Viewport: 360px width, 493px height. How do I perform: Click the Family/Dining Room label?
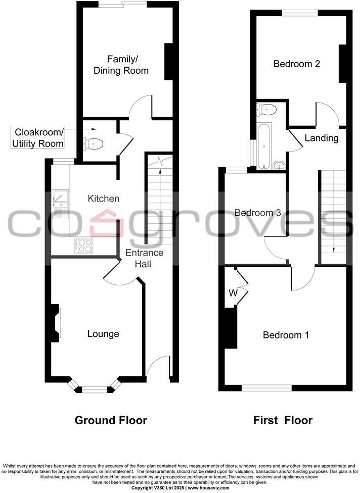click(121, 64)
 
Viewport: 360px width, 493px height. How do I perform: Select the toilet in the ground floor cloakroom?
click(95, 144)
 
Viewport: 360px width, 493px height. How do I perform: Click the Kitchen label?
click(104, 199)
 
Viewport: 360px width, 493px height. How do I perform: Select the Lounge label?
click(103, 334)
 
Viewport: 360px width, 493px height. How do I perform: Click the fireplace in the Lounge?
click(54, 323)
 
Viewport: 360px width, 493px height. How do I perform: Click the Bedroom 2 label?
click(297, 64)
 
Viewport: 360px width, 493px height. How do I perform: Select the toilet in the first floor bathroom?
click(266, 109)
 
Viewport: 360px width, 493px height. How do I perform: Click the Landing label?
click(321, 138)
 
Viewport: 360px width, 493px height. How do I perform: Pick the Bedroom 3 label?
click(257, 213)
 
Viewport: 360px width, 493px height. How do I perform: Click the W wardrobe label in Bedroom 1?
click(233, 293)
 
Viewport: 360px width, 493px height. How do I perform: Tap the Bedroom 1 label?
click(286, 335)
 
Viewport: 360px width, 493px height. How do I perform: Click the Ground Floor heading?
click(111, 420)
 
